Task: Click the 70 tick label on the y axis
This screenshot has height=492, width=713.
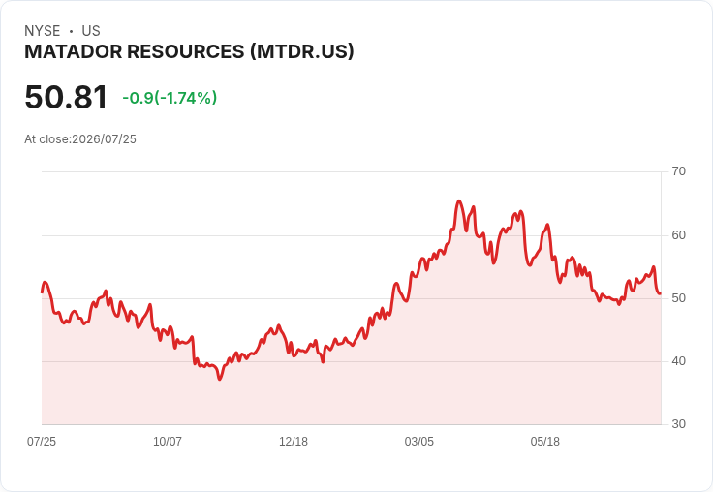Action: [678, 171]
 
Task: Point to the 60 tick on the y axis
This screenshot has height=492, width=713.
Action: [678, 235]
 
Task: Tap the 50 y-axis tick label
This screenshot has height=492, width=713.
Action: [678, 298]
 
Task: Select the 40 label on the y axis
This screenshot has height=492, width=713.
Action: [678, 361]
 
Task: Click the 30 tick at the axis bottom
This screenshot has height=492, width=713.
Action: [678, 424]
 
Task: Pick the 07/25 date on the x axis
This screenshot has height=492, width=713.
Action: [42, 441]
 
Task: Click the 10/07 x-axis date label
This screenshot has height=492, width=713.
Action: [168, 441]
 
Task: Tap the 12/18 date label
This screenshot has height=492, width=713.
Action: [294, 441]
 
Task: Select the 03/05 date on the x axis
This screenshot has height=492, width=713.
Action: [419, 441]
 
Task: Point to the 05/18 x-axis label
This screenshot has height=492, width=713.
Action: [544, 441]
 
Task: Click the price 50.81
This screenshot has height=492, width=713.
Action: [66, 97]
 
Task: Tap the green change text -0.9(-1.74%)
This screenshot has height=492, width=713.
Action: [170, 98]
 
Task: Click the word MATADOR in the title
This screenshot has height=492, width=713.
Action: [74, 52]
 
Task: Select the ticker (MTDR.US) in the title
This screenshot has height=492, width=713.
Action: [302, 52]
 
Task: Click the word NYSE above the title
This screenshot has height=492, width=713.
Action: [43, 31]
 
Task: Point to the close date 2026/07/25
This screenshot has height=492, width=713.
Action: [104, 139]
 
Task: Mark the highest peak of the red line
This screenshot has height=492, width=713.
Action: [459, 200]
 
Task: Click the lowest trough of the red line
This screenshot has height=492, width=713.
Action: [220, 379]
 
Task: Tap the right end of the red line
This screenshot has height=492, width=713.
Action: [661, 293]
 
